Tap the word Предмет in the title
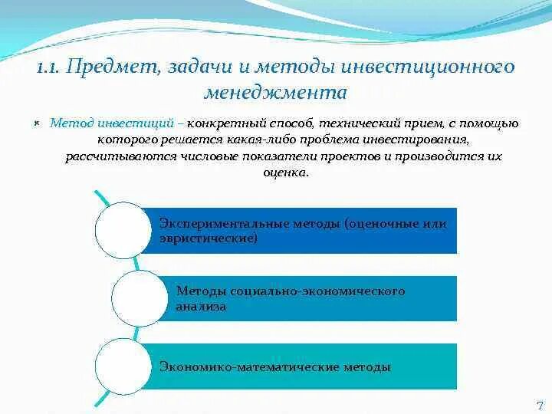110,67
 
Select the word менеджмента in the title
275,93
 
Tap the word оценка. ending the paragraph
284,172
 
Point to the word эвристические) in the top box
208,238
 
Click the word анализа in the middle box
201,306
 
